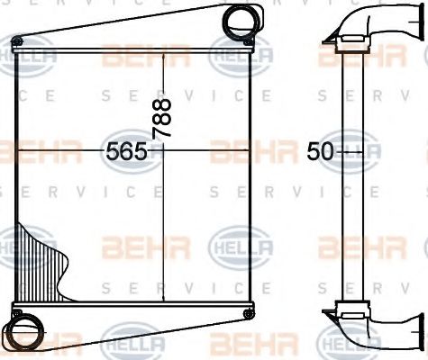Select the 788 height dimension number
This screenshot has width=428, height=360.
(162, 117)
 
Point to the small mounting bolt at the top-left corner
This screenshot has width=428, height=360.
(15, 41)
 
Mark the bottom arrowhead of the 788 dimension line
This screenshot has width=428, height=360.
(162, 304)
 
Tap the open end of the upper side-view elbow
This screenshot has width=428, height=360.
(416, 20)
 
